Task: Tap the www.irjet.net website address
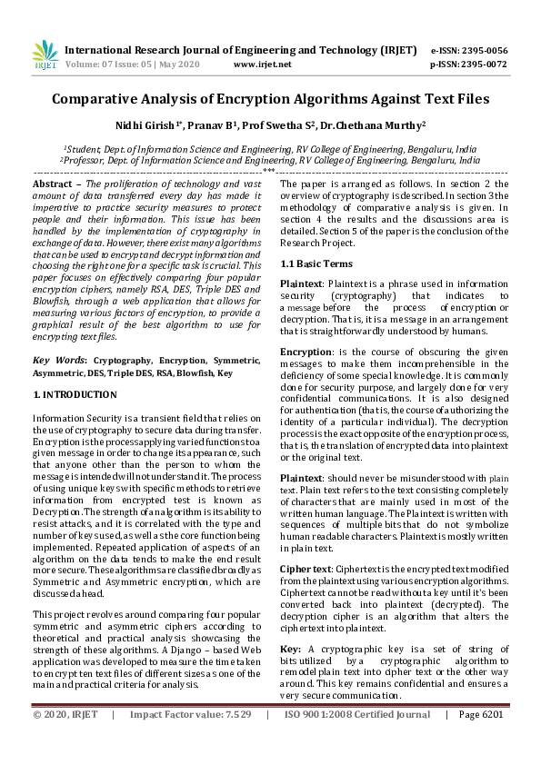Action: coord(263,65)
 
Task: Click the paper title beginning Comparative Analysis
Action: coord(270,99)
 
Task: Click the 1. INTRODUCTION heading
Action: coord(75,395)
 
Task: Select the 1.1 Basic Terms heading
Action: coord(315,263)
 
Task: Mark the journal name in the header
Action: coord(241,50)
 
